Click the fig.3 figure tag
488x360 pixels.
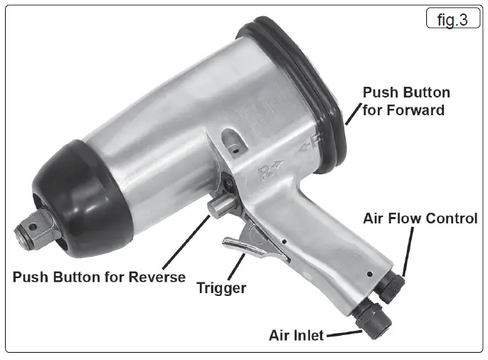point(452,20)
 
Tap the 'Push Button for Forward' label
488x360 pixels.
point(406,101)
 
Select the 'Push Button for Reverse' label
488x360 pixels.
point(99,276)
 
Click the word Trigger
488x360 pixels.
point(221,288)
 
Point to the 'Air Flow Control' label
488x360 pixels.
point(420,218)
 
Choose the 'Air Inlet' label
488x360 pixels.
point(297,334)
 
